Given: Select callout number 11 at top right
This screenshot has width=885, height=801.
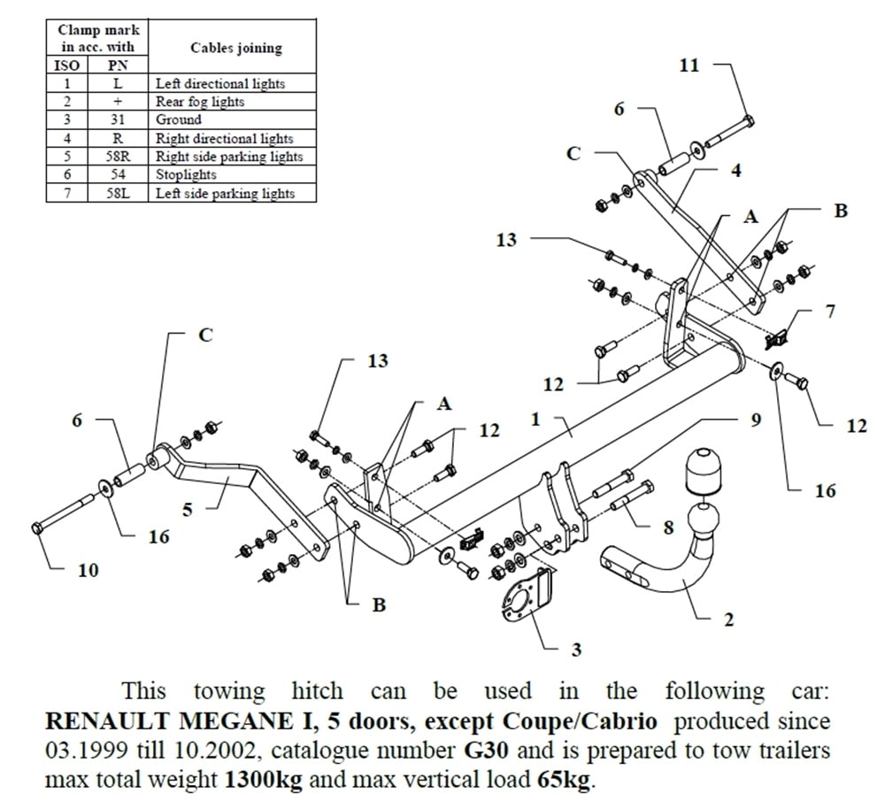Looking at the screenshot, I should (x=689, y=65).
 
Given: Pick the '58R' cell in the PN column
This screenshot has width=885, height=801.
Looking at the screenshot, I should (x=118, y=157).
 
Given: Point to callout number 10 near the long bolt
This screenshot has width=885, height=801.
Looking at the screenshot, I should (x=88, y=570).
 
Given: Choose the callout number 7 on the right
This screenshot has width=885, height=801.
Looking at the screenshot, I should (x=830, y=312).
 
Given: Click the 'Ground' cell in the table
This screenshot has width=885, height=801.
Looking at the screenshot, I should (x=178, y=119).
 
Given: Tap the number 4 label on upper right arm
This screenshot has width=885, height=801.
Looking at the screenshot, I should (x=736, y=171).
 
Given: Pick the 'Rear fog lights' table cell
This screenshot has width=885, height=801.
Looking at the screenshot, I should (x=200, y=102).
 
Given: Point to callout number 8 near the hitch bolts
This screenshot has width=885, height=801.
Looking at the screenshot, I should (x=668, y=528).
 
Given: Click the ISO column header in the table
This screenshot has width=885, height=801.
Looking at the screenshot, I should (x=66, y=65).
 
